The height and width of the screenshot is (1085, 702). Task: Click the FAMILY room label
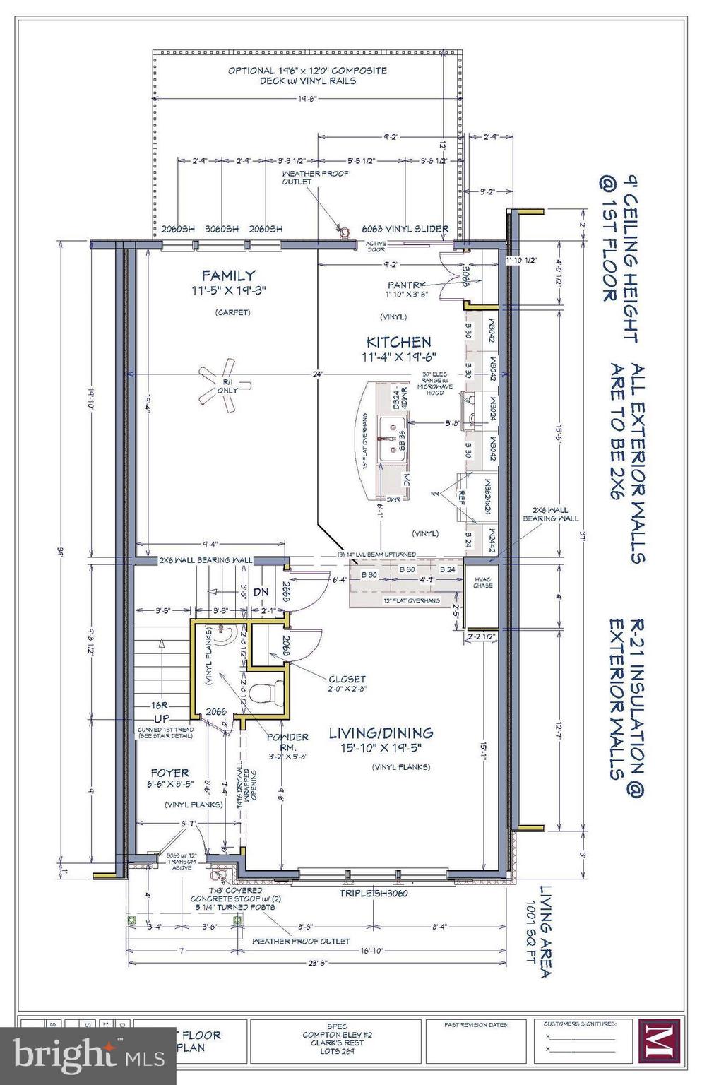tap(227, 275)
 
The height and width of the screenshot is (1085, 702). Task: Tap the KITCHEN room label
tap(398, 341)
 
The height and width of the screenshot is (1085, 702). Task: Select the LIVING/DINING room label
tap(381, 733)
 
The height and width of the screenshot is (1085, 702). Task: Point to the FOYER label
tap(169, 773)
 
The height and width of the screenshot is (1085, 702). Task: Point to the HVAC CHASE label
tap(483, 581)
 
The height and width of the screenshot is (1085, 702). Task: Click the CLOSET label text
tap(346, 679)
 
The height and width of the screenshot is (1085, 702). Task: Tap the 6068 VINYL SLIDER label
tap(405, 229)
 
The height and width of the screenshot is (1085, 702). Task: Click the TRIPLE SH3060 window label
tap(373, 893)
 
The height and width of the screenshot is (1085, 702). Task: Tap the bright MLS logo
tap(67, 1055)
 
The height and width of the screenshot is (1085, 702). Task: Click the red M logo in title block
tap(658, 1040)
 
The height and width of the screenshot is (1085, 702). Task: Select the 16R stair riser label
tap(158, 705)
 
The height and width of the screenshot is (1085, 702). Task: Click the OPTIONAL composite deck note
tap(307, 76)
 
